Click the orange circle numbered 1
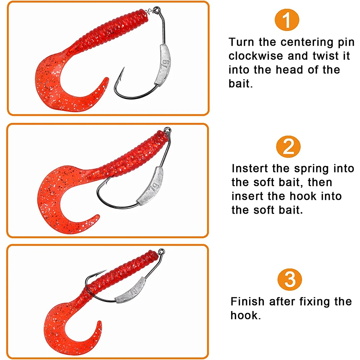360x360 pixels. point(287,20)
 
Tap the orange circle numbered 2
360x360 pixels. point(288,147)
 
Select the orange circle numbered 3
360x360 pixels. point(290,279)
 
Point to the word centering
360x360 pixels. point(307,42)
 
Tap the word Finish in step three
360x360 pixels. point(248,301)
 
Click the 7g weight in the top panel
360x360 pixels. point(163,65)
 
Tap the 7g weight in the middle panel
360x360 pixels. point(150,186)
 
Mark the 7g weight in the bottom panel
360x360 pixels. point(130,290)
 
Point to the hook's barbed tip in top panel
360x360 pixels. point(124,68)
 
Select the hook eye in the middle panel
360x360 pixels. point(167,130)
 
